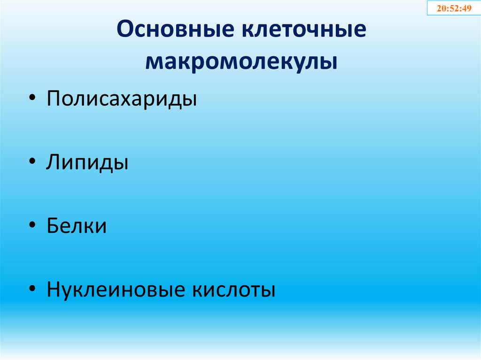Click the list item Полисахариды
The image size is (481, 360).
point(121,100)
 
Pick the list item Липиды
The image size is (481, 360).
point(87,162)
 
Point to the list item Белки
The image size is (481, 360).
point(77,226)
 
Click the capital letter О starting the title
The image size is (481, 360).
point(125,30)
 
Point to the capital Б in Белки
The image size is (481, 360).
point(53,226)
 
